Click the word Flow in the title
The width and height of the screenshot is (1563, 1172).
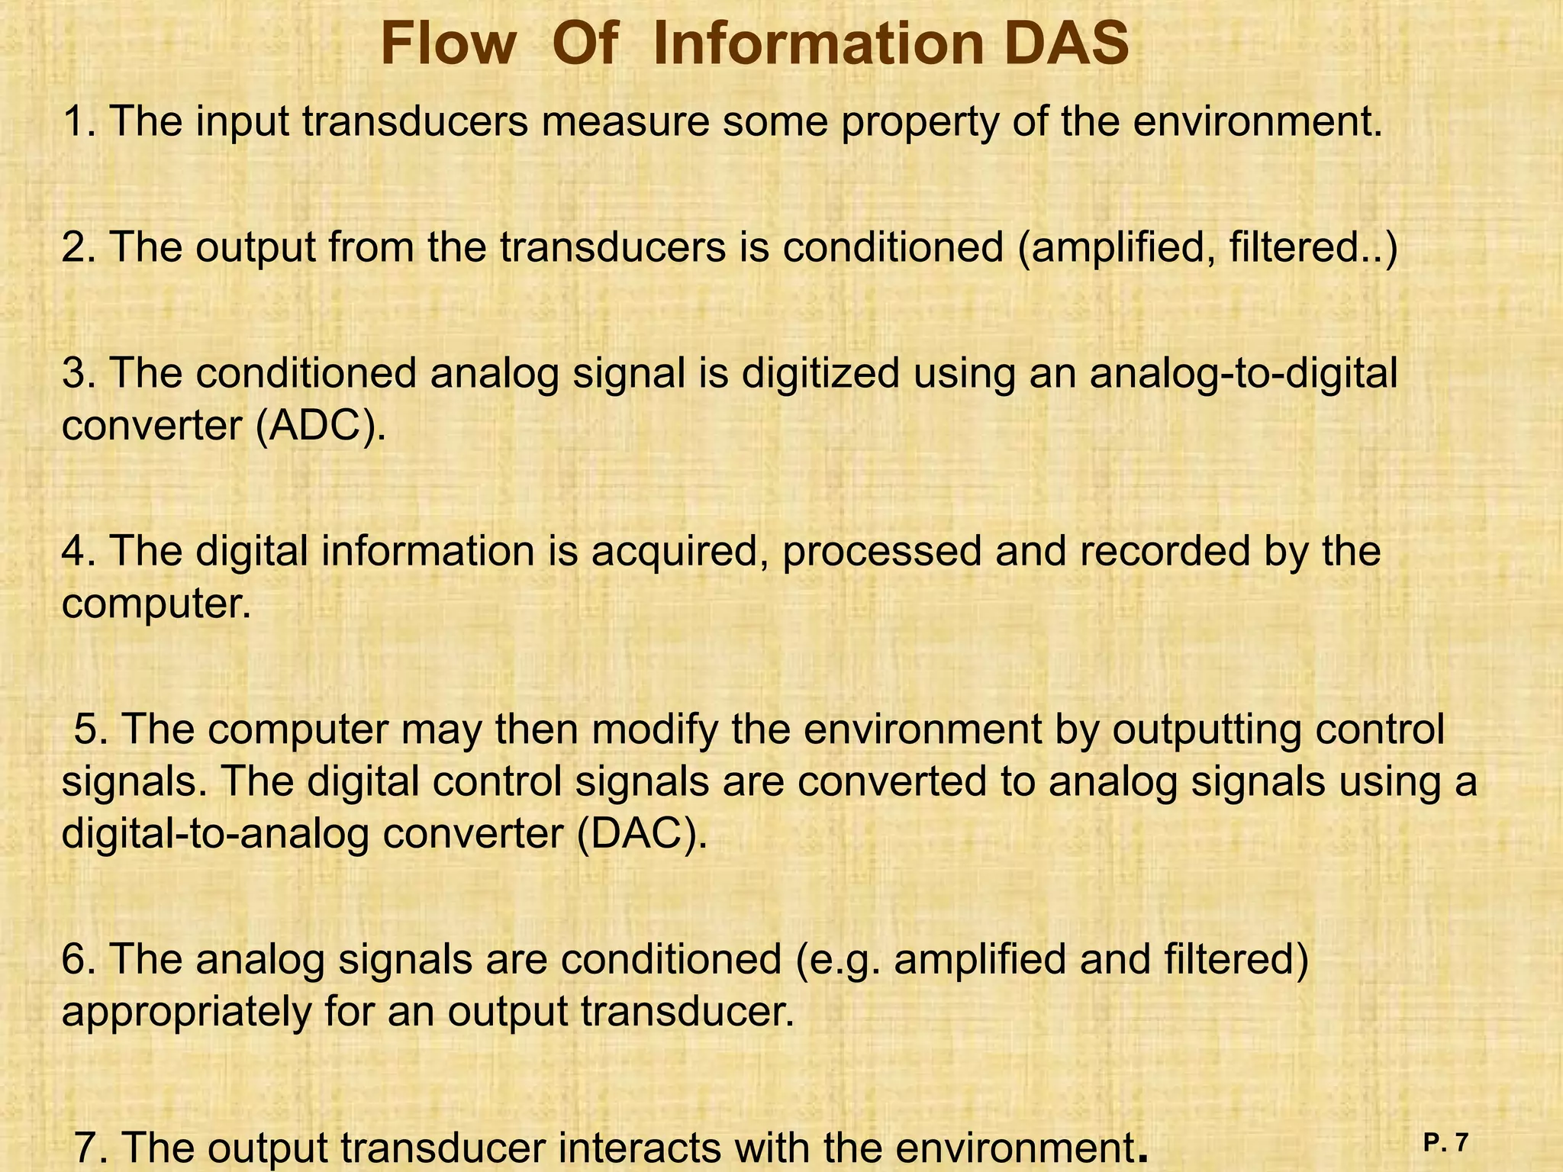[448, 44]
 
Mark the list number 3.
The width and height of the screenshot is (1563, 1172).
[74, 374]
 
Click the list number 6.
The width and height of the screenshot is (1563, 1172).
[74, 960]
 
